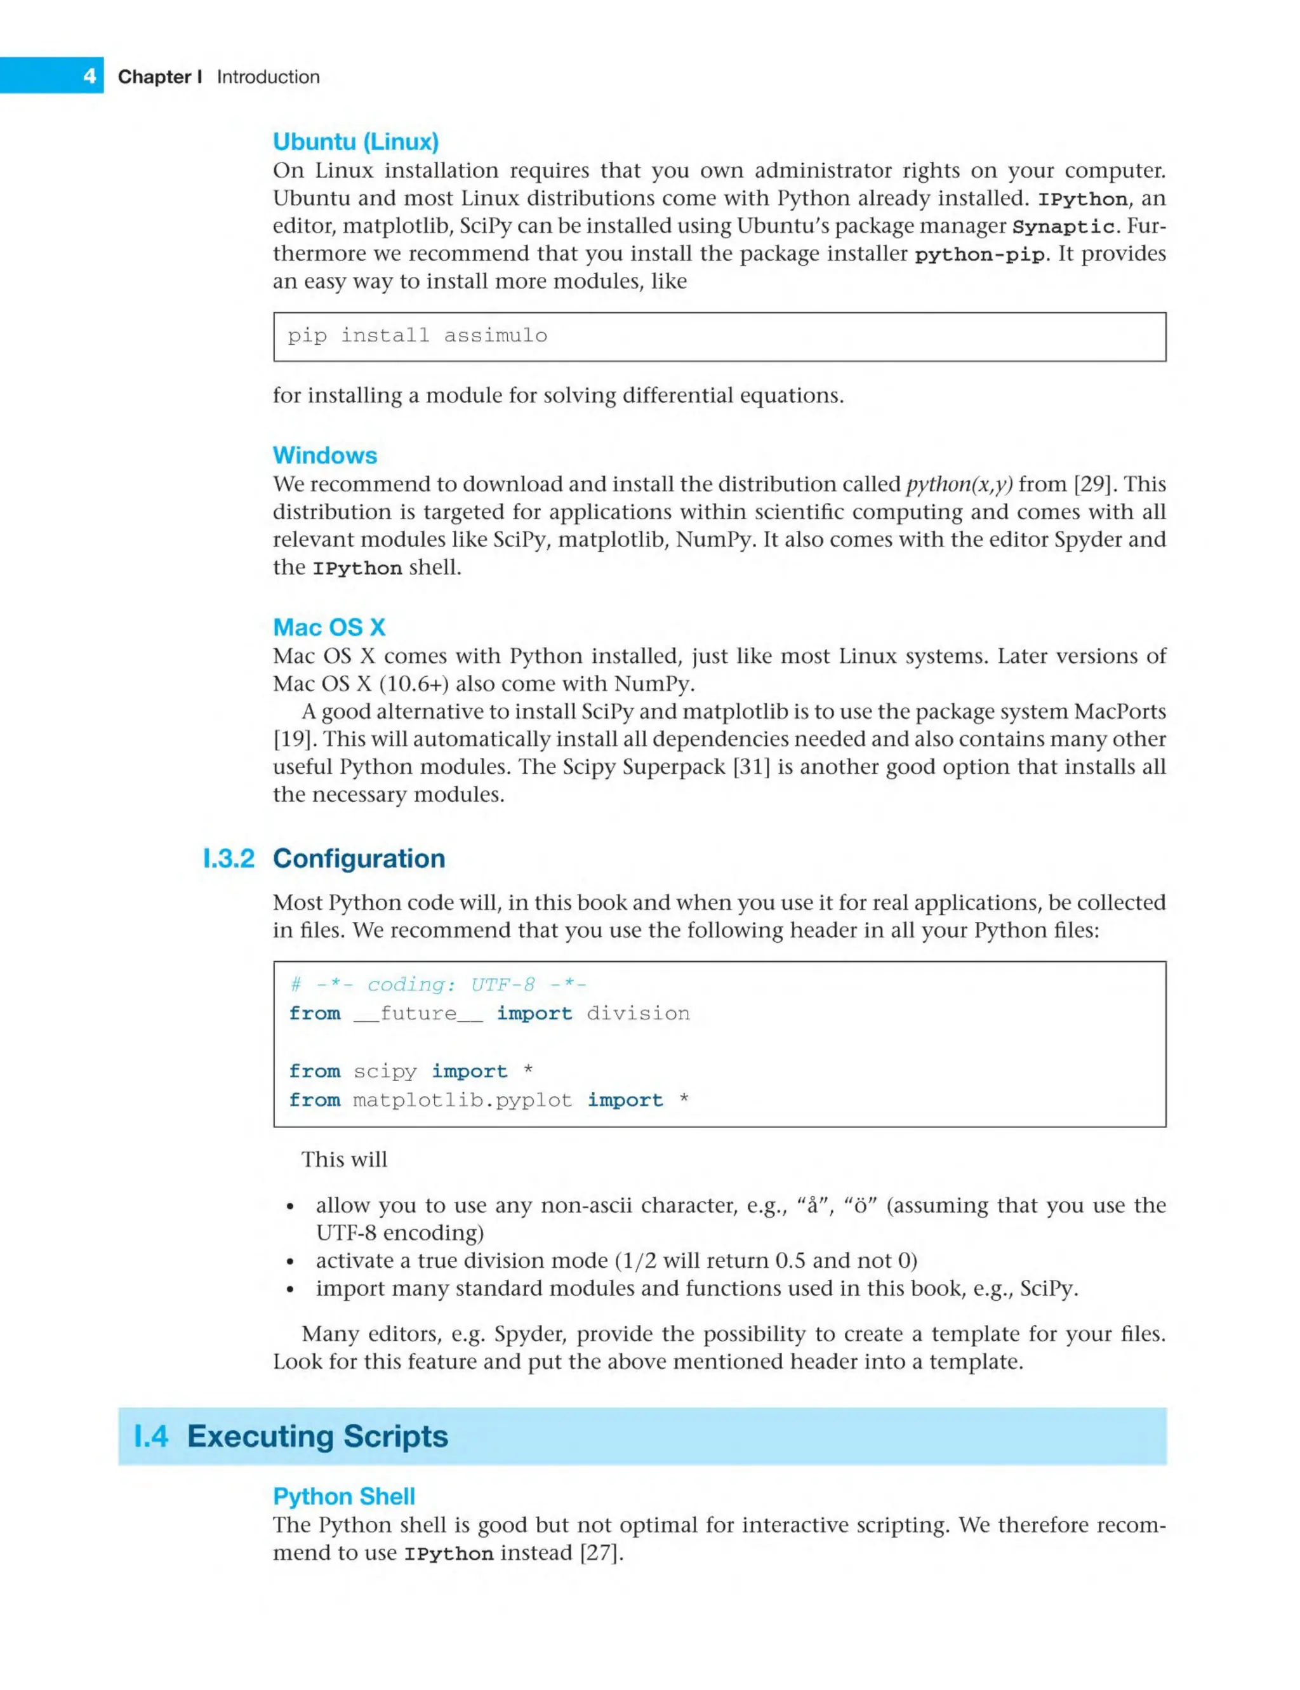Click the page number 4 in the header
point(90,76)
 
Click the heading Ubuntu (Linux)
point(355,142)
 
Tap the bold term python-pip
point(979,255)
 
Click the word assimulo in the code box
point(495,335)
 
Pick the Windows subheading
point(324,455)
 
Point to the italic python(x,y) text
point(958,484)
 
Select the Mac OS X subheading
point(329,627)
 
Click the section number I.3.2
point(229,858)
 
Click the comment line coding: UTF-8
point(438,984)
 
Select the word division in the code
point(637,1013)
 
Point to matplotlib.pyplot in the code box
point(462,1100)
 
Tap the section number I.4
point(151,1435)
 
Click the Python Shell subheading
point(343,1496)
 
